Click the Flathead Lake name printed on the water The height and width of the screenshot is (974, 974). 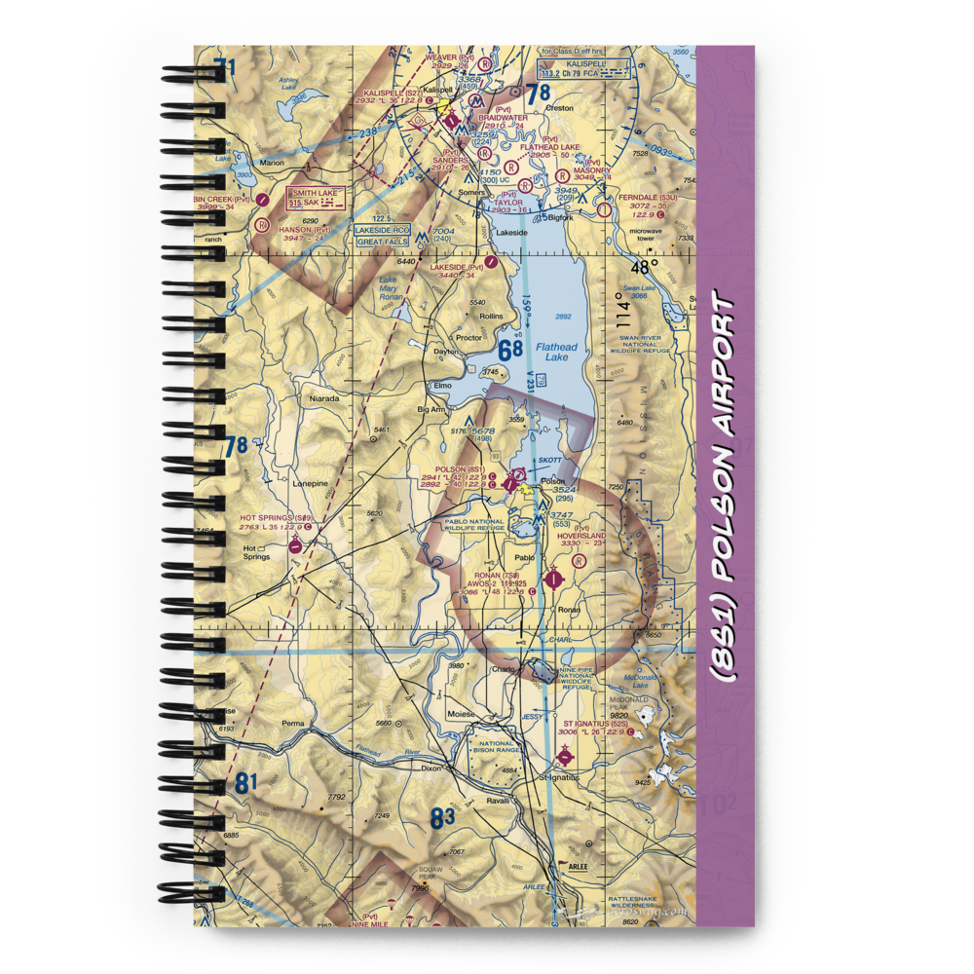(x=556, y=352)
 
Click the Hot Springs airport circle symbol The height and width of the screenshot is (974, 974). (x=296, y=546)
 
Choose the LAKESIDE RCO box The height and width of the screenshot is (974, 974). (x=382, y=230)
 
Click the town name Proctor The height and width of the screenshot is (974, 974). (x=469, y=338)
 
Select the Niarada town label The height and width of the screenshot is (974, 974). (x=324, y=398)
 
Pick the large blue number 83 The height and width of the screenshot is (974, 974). (x=443, y=818)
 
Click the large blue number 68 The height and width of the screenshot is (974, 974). (x=509, y=350)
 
